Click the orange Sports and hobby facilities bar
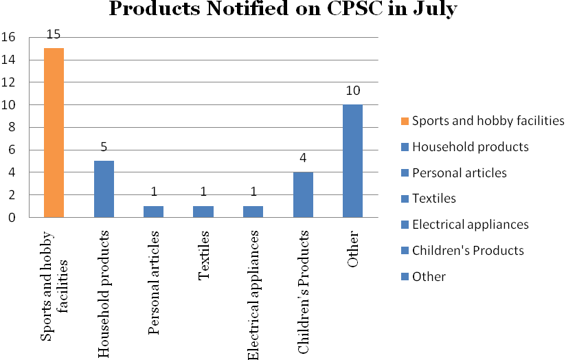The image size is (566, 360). tap(54, 133)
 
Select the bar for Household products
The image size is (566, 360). tap(104, 189)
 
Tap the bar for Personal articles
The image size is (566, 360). tap(153, 212)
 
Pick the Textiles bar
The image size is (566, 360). tap(203, 212)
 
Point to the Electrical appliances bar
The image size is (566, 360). tap(253, 212)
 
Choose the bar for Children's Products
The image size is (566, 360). tap(302, 194)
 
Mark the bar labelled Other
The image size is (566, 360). tap(352, 161)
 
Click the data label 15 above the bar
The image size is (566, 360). tap(54, 35)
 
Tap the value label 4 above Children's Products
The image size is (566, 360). tap(302, 159)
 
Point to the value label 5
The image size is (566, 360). tap(104, 148)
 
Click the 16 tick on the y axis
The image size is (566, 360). tap(8, 38)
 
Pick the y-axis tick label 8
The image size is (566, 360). tap(12, 128)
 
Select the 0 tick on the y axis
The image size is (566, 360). tap(12, 218)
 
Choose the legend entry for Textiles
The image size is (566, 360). tap(433, 199)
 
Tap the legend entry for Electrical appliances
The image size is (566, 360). tap(470, 225)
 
